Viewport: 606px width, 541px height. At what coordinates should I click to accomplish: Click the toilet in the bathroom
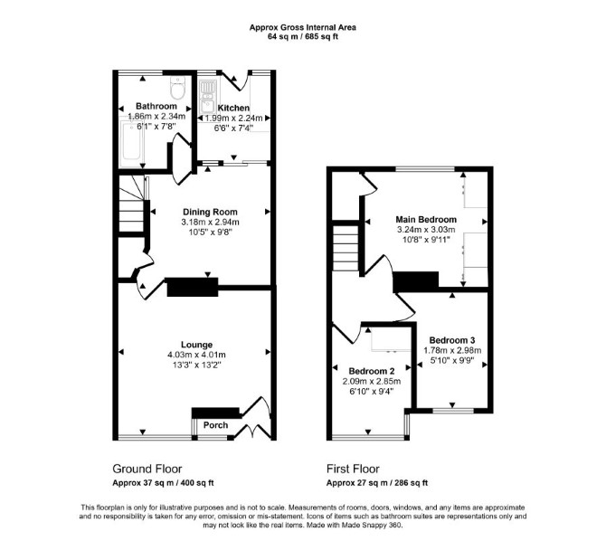178,88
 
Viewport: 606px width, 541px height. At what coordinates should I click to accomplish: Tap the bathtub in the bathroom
132,144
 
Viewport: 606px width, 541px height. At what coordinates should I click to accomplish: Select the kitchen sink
208,98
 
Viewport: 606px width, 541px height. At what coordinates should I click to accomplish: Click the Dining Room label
210,212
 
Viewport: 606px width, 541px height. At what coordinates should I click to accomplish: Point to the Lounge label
196,345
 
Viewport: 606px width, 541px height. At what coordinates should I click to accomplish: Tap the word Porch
215,425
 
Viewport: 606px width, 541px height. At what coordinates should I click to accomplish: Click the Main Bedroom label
426,219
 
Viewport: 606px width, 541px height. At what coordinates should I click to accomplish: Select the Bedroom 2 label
372,371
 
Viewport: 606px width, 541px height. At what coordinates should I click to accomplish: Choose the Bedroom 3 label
452,340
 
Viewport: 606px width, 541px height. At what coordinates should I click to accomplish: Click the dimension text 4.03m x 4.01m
196,355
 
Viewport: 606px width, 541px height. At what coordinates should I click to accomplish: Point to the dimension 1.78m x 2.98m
452,350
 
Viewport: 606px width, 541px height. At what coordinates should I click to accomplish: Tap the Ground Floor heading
147,469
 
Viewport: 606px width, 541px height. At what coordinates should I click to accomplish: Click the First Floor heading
353,469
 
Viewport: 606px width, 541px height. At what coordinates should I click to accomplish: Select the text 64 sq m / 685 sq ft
303,37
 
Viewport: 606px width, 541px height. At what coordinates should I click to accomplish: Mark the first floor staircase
346,248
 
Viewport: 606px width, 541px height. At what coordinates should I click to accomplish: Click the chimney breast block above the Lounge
193,287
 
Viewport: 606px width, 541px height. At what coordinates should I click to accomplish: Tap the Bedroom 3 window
452,411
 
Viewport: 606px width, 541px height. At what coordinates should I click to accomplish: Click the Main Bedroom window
425,169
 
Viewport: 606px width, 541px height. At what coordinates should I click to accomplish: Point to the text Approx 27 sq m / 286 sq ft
377,483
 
